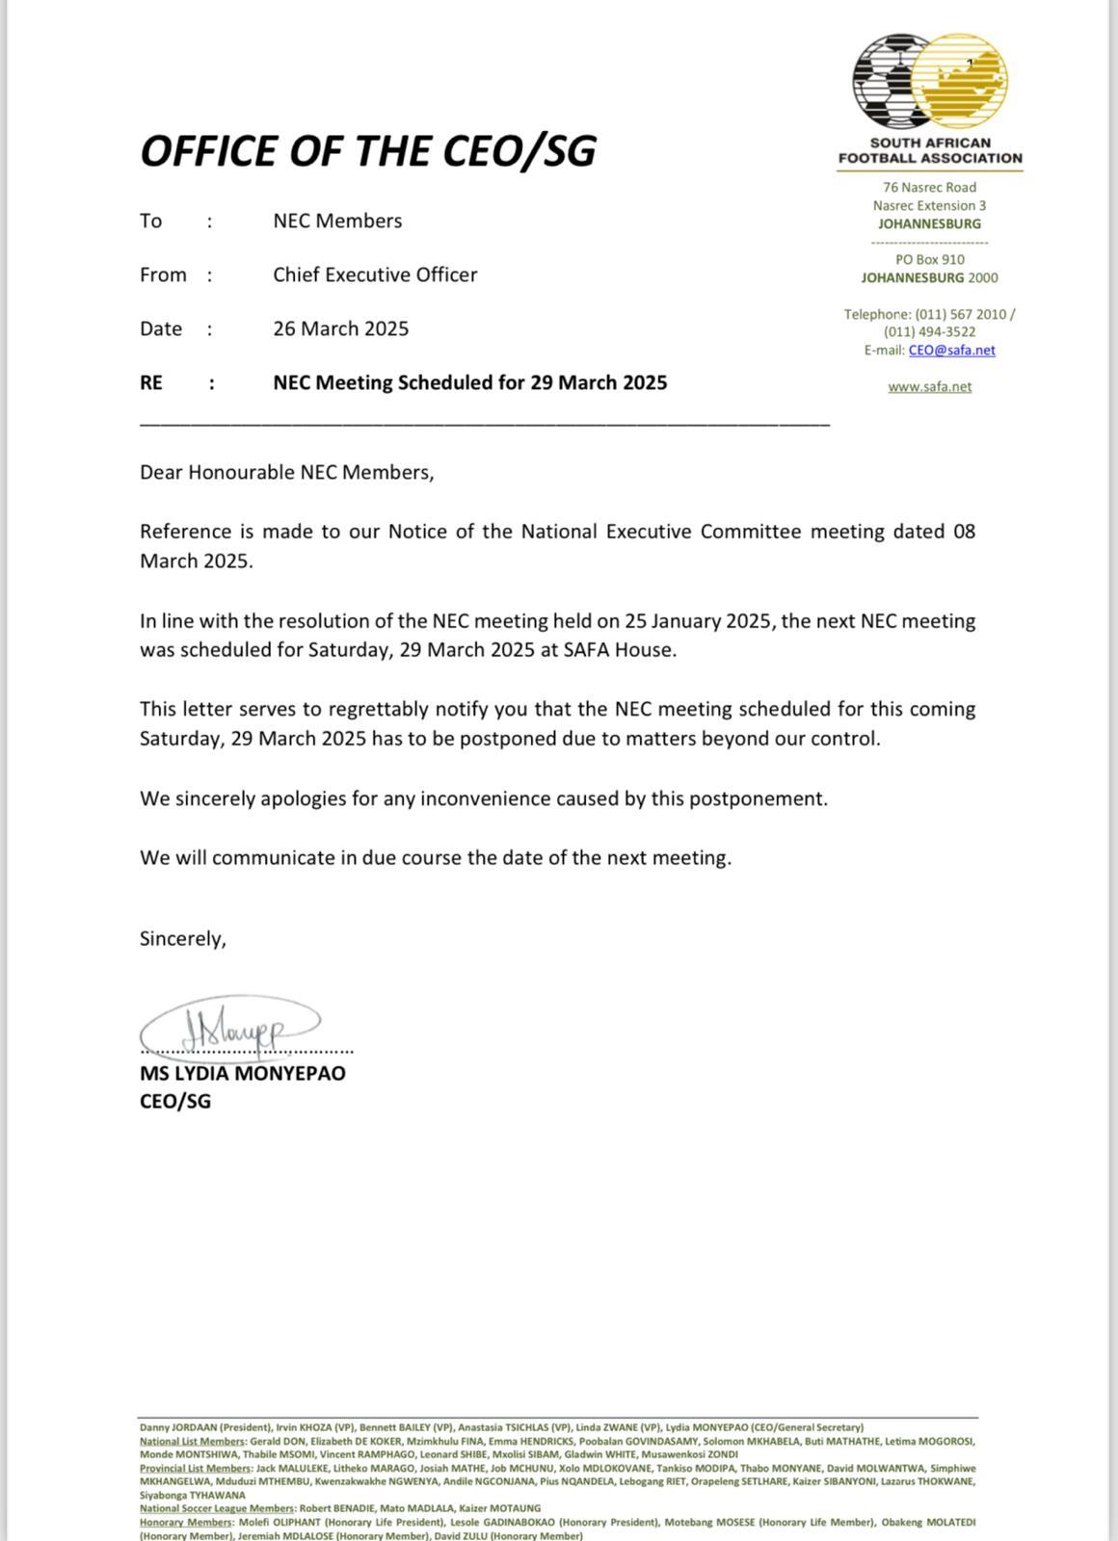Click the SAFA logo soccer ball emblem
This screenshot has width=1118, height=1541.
[929, 83]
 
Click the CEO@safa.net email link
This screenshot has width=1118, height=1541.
[951, 351]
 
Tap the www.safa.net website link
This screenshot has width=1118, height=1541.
[929, 387]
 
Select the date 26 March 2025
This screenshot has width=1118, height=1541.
[340, 328]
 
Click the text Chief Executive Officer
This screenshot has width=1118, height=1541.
[375, 274]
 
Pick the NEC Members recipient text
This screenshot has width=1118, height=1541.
[337, 221]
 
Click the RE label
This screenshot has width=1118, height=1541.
[151, 382]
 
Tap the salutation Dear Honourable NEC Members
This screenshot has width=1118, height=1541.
[286, 472]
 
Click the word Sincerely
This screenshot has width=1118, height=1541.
[182, 938]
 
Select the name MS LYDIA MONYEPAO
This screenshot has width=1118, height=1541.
[242, 1073]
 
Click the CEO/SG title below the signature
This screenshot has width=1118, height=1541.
[174, 1101]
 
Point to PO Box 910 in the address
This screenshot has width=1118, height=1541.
[929, 259]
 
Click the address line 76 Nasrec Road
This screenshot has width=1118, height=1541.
[929, 188]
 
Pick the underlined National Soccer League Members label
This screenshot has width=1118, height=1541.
[217, 1508]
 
